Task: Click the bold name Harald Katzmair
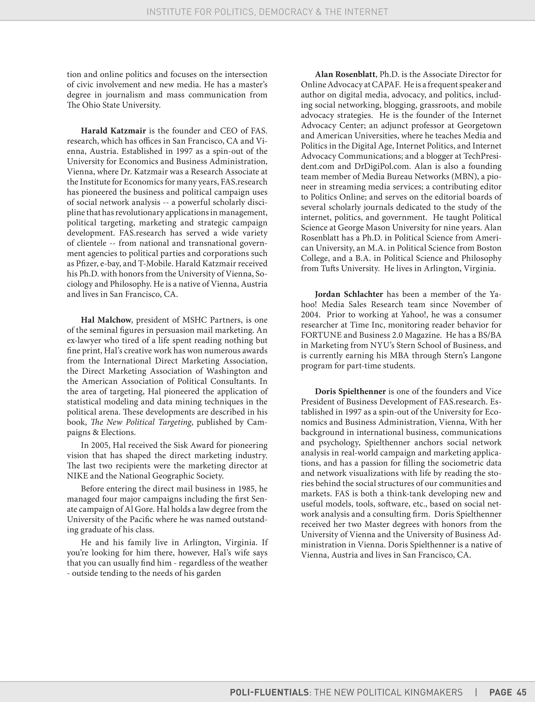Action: click(113, 131)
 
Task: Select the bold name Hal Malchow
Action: click(106, 320)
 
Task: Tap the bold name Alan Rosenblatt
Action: click(345, 74)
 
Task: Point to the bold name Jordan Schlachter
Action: click(349, 294)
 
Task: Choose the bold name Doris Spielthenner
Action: click(350, 391)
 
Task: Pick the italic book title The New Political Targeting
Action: click(141, 422)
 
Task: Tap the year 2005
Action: click(100, 445)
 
